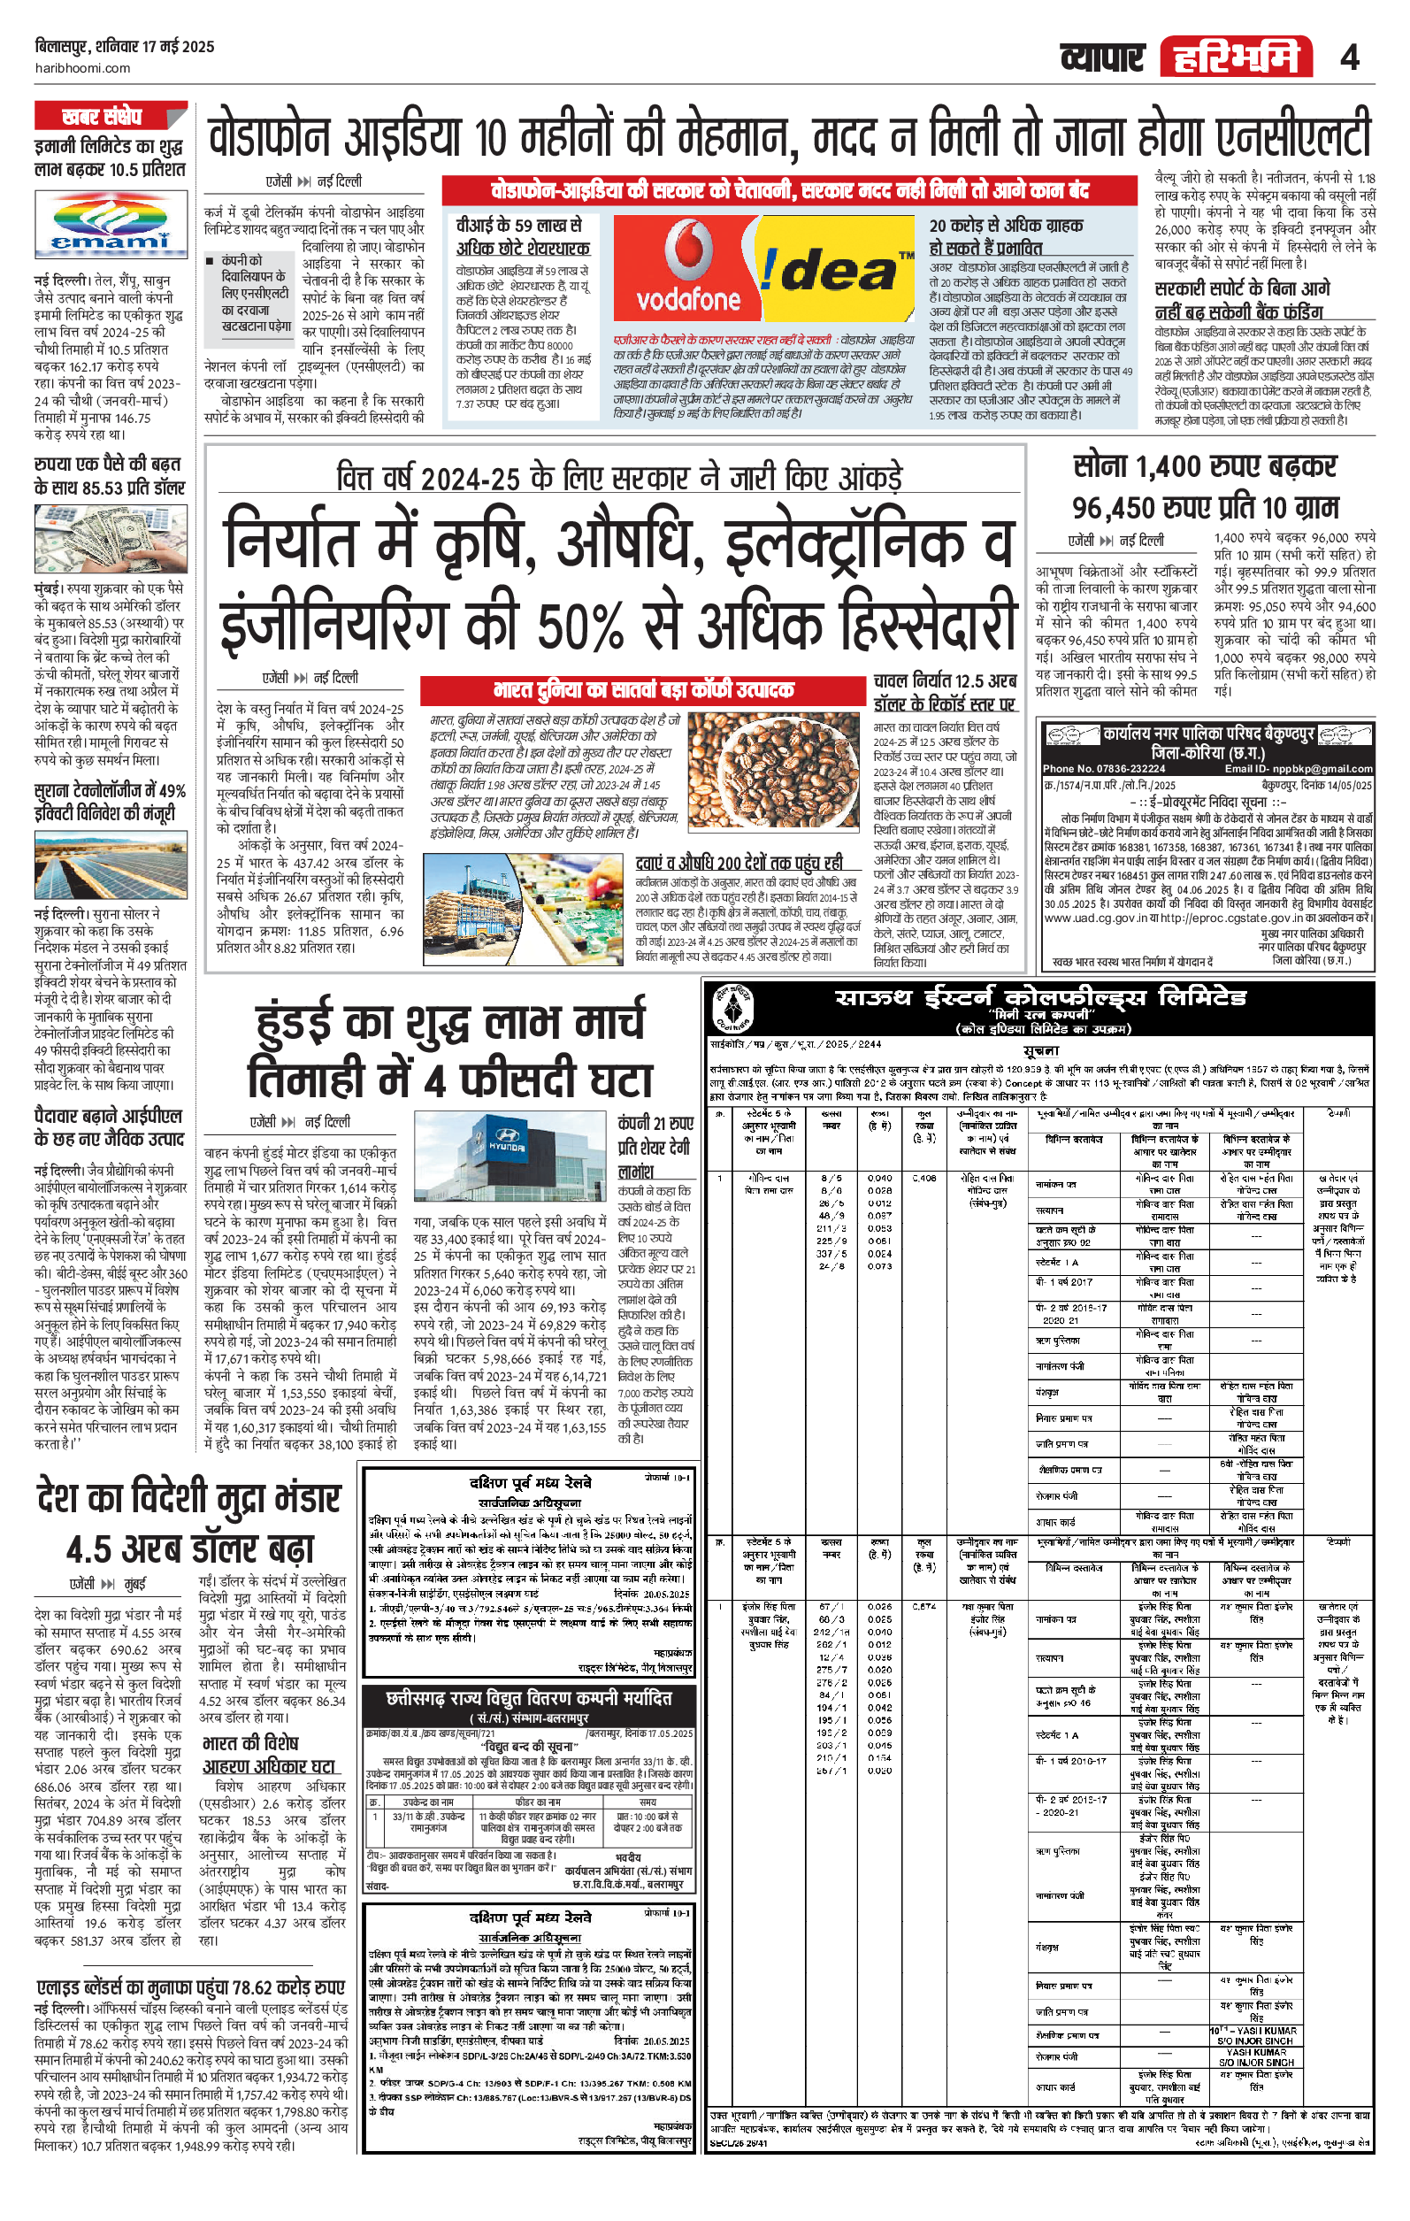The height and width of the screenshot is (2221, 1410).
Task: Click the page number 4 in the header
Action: tap(1349, 58)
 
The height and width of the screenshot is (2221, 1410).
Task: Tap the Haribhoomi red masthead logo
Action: tap(1236, 58)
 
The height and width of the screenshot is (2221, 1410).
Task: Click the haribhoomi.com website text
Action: tap(82, 68)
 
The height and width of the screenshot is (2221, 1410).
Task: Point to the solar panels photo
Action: tap(110, 864)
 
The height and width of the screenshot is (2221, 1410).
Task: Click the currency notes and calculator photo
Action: tap(110, 540)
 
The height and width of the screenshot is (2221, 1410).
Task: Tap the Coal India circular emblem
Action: tap(734, 1008)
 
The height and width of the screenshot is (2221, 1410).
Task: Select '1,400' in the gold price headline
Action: tap(1171, 466)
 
